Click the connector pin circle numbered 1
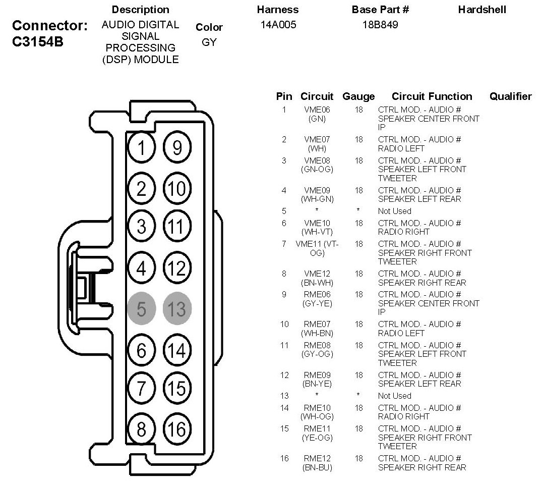(x=141, y=148)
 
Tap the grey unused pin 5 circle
(x=141, y=308)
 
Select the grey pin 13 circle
(x=177, y=308)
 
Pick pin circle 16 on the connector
(x=177, y=429)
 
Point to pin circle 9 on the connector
(x=177, y=148)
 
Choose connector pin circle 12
(x=177, y=267)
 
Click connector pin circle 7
(x=141, y=389)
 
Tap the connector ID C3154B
(x=37, y=42)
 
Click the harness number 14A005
(x=278, y=25)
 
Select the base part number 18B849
(x=380, y=25)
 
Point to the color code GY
(x=209, y=42)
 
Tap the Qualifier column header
(x=510, y=96)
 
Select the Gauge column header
(x=358, y=96)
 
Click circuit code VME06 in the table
(x=317, y=110)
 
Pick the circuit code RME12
(x=317, y=458)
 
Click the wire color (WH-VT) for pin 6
(x=317, y=232)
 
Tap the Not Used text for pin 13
(x=394, y=396)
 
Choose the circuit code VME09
(x=317, y=190)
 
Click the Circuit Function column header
(x=432, y=96)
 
